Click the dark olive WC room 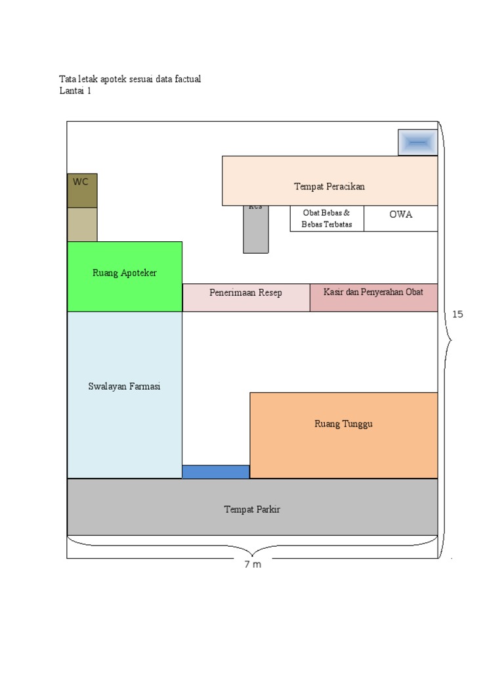pos(82,190)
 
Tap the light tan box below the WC pos(82,224)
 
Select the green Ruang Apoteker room pos(125,276)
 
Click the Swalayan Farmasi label pos(124,386)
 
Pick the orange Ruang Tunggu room pos(343,435)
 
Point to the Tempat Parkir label pos(252,509)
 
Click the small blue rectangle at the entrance pos(215,471)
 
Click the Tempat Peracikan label pos(329,187)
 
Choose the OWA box pos(400,215)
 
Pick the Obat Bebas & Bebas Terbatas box pos(327,218)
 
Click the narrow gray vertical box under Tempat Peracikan pos(255,230)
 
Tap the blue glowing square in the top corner pos(417,142)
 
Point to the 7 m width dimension pos(253,565)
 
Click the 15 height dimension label pos(457,314)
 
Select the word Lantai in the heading pos(70,91)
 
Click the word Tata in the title pos(68,80)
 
